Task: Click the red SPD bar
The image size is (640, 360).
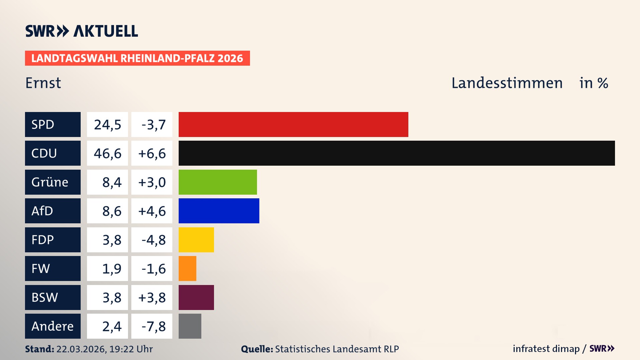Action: tap(293, 124)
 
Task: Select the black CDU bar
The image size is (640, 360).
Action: tap(397, 153)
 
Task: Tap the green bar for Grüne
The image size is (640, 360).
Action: tap(218, 182)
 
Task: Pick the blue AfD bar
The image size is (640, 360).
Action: tap(219, 211)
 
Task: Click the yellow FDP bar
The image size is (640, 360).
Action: tap(196, 240)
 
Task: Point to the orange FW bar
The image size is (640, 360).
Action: tap(187, 268)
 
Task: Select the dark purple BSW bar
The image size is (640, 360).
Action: tap(196, 297)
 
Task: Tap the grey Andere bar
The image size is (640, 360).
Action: tap(190, 326)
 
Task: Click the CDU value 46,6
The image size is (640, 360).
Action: tap(107, 153)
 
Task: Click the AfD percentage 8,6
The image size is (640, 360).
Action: tap(112, 211)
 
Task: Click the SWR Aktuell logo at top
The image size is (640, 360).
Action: tap(82, 31)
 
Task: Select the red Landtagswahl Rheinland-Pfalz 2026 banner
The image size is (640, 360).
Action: tap(137, 58)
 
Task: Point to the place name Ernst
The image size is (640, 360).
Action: tap(43, 83)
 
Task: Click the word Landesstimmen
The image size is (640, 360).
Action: tap(507, 83)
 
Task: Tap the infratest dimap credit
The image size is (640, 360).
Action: tap(546, 349)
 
